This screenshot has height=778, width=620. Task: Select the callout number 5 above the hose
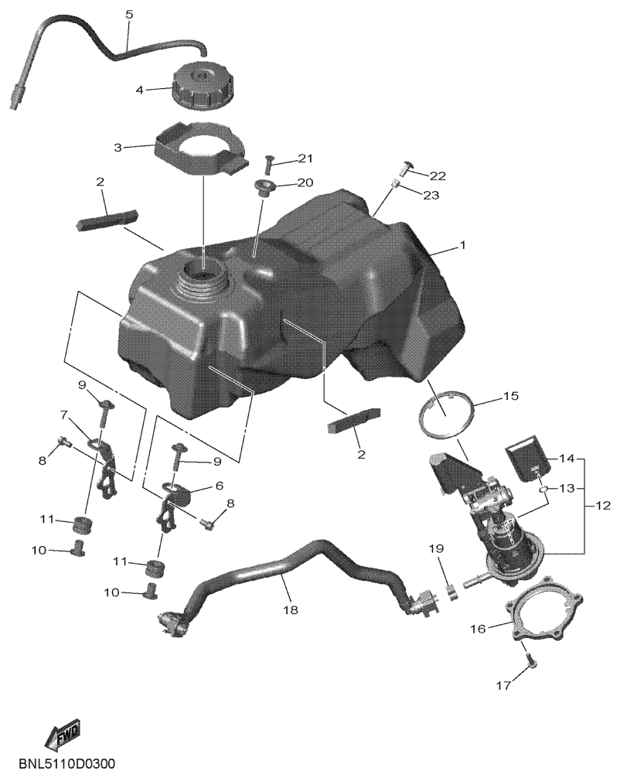pos(129,15)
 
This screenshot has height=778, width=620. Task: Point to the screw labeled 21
pos(269,164)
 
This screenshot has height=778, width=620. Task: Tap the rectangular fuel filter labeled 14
pos(526,458)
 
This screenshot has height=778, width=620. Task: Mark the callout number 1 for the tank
pos(462,245)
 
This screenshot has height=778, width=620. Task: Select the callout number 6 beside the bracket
pos(218,486)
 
